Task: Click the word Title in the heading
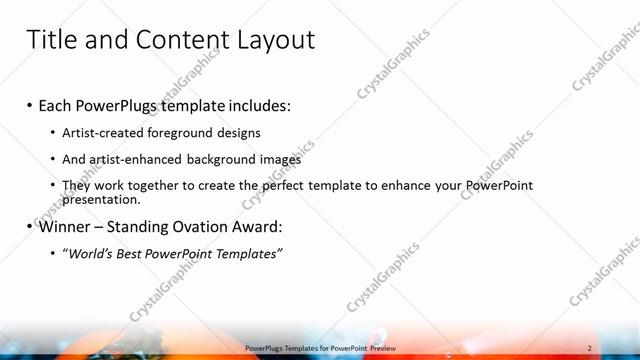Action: [51, 39]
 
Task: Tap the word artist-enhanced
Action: [139, 159]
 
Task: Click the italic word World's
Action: [89, 254]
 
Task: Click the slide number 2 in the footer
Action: [590, 348]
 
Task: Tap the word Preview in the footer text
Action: [378, 348]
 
